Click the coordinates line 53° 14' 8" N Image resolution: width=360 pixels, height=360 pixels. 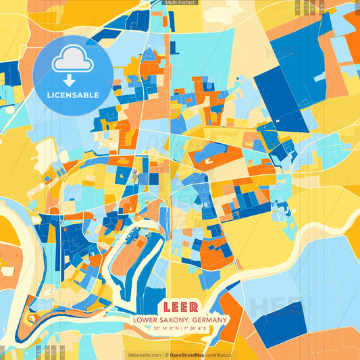pos(159,328)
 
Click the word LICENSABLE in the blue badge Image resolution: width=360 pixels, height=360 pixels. pos(72,95)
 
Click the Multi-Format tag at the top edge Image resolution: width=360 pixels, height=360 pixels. pos(180,3)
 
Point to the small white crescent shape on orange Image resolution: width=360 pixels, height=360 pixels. pos(209,161)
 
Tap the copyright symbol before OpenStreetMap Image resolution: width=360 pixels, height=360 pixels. pos(166,355)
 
